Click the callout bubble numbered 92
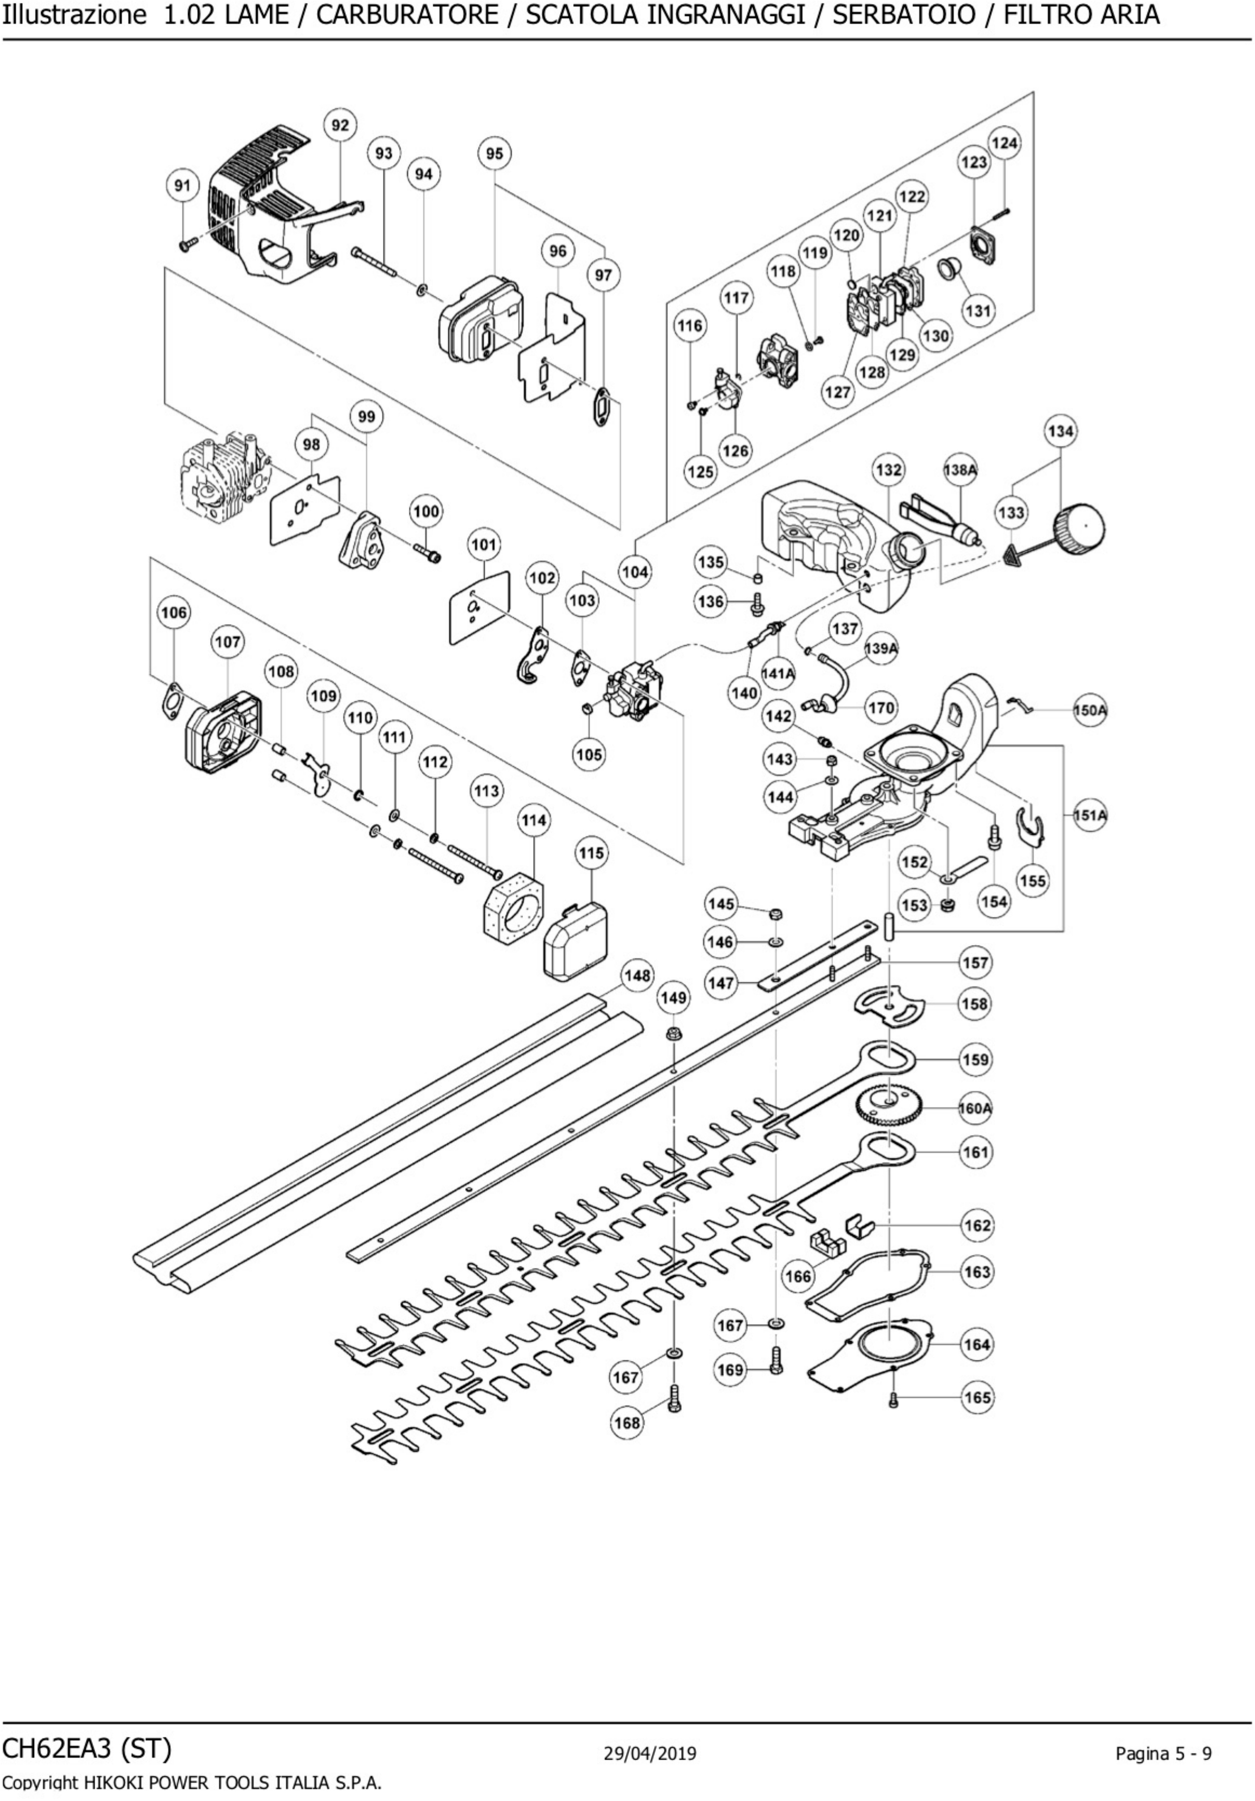pos(339,125)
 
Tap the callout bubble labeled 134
pos(1060,431)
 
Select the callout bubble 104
pos(635,572)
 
